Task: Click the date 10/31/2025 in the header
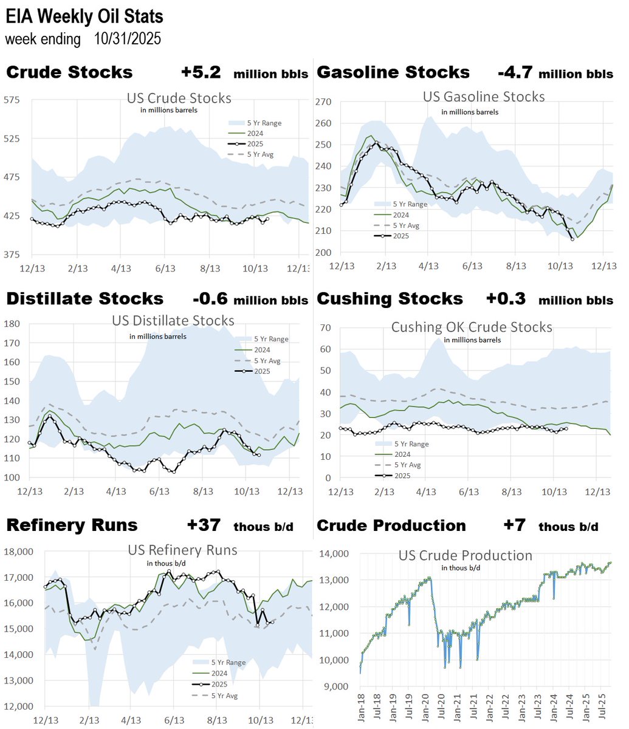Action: pyautogui.click(x=128, y=39)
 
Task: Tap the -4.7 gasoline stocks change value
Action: pyautogui.click(x=515, y=72)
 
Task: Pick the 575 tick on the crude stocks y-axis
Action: pyautogui.click(x=12, y=100)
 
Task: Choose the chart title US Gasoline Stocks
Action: pyautogui.click(x=483, y=97)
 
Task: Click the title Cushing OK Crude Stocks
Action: pyautogui.click(x=471, y=327)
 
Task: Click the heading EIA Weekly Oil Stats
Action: pyautogui.click(x=84, y=16)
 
